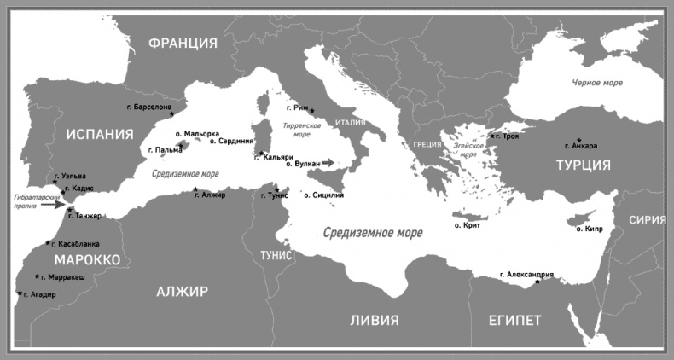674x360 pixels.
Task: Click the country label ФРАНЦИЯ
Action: point(182,43)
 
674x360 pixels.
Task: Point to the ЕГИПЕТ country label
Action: point(514,320)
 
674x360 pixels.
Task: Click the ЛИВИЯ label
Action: point(374,320)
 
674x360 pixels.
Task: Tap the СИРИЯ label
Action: point(647,219)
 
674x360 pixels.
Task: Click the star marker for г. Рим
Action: point(312,111)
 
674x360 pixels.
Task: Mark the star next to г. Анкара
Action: point(579,140)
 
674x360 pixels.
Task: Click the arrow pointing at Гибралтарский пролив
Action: point(55,204)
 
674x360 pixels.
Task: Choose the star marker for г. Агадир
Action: point(19,293)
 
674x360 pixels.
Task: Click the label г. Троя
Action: point(506,136)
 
